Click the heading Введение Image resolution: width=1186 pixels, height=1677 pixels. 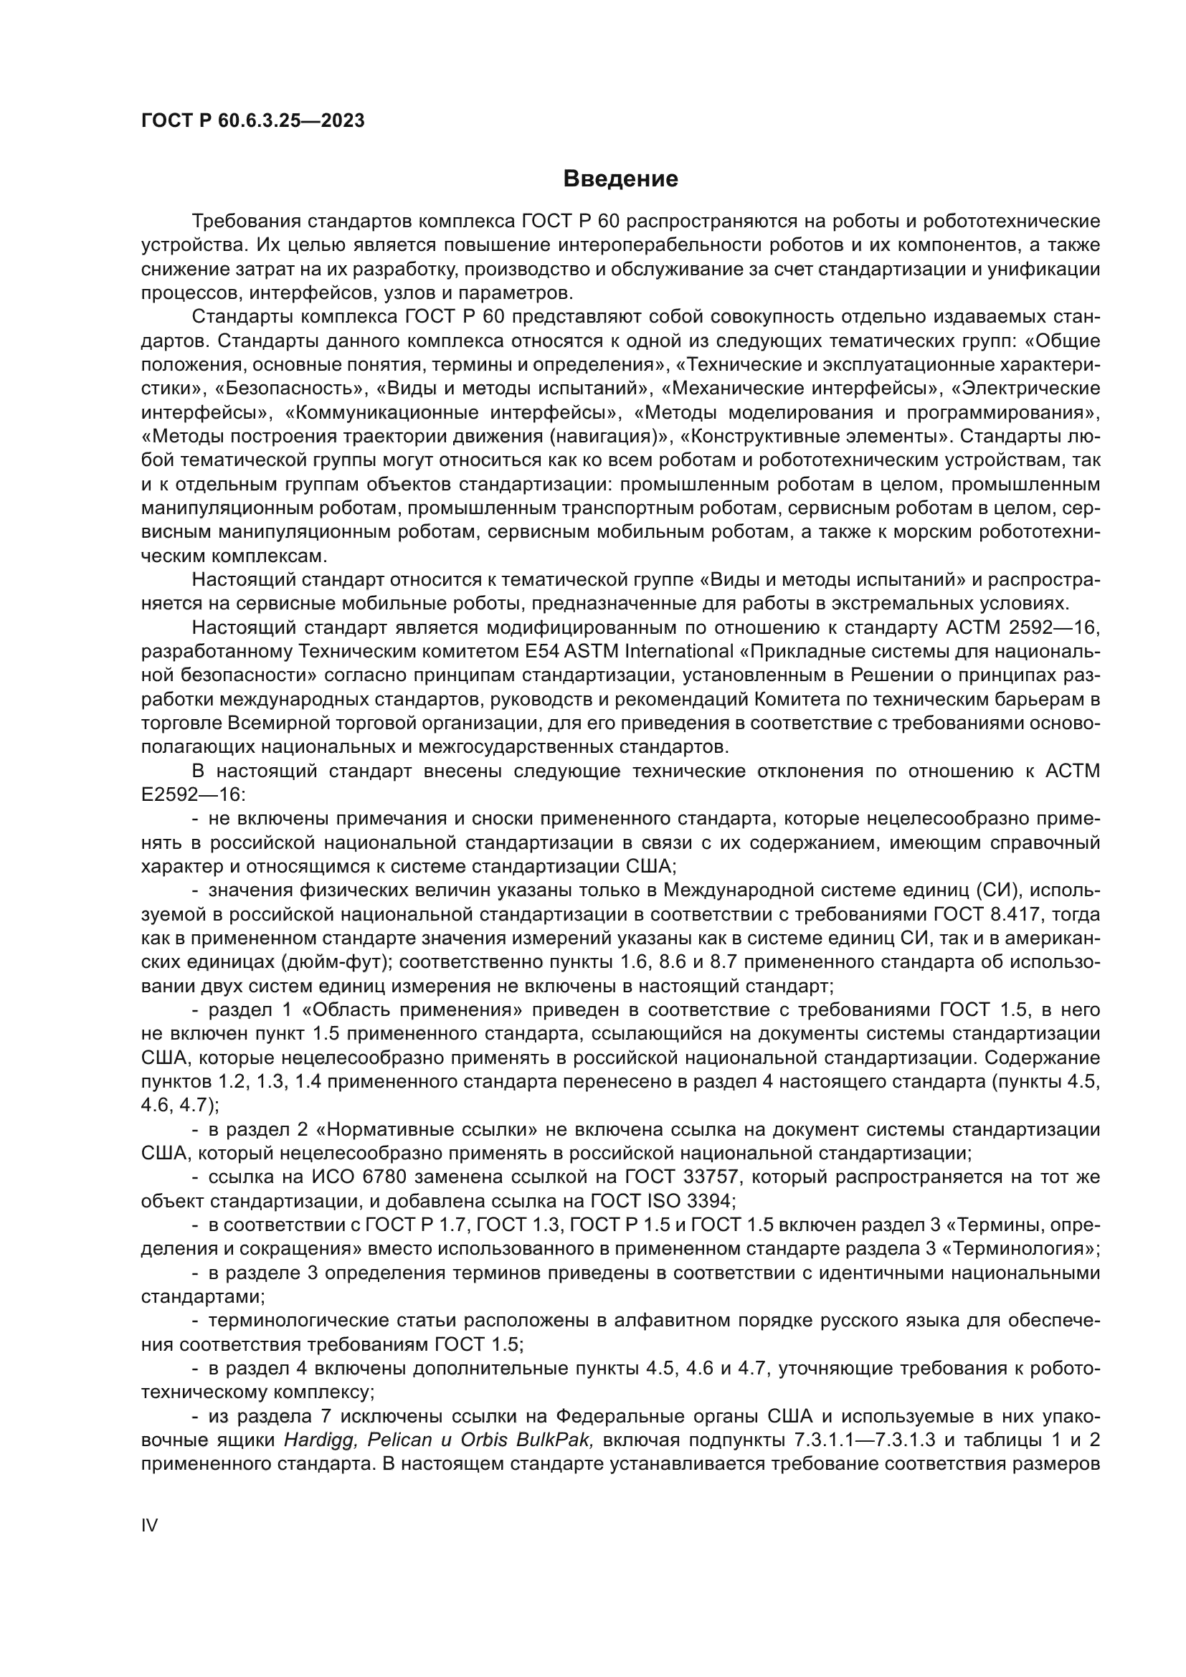[620, 179]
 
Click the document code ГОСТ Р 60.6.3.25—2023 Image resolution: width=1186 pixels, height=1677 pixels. [252, 120]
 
